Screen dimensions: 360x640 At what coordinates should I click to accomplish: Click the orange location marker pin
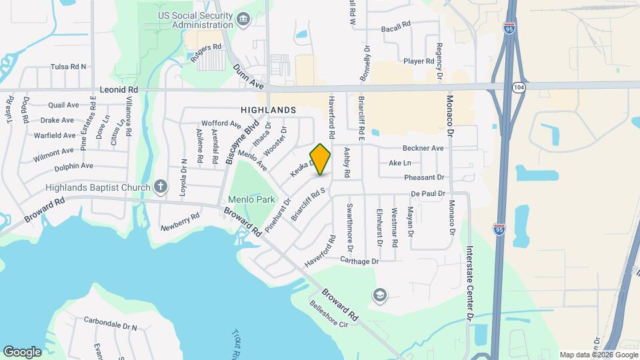tap(321, 159)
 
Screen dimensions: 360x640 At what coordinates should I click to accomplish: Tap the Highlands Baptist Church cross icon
tap(160, 187)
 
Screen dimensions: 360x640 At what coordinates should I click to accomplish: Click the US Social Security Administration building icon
tap(243, 20)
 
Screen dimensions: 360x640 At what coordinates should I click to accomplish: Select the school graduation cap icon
tap(380, 295)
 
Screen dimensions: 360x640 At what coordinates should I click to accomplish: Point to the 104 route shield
tap(519, 87)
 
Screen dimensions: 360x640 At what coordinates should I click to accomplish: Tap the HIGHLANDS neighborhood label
tap(269, 109)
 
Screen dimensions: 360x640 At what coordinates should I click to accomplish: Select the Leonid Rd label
tap(118, 89)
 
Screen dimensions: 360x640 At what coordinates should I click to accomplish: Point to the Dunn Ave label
tap(249, 77)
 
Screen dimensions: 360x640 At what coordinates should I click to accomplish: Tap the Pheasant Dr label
tap(423, 177)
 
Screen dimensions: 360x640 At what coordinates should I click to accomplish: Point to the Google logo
tap(22, 351)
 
